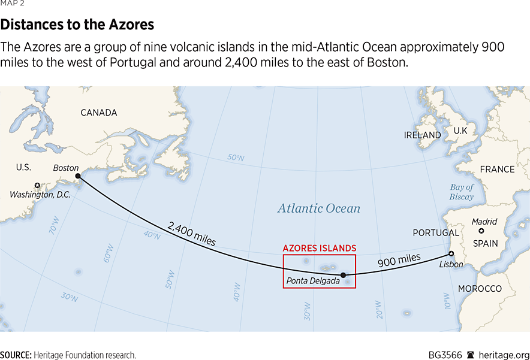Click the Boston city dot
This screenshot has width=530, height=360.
(x=77, y=176)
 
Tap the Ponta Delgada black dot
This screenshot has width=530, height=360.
(x=343, y=276)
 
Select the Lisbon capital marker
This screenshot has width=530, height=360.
(x=451, y=253)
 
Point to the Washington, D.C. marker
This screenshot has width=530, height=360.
(x=37, y=185)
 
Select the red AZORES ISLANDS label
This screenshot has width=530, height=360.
(x=320, y=248)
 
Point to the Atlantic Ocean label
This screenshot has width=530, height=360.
(x=318, y=208)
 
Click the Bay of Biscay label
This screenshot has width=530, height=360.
(x=462, y=192)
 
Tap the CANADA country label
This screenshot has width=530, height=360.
(x=99, y=113)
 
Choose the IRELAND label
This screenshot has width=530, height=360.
(x=422, y=135)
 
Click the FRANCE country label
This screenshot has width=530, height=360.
(x=497, y=170)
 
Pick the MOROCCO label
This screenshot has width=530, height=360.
(x=480, y=289)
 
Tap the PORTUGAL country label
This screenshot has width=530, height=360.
(x=436, y=232)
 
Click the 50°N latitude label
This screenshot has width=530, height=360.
(x=236, y=158)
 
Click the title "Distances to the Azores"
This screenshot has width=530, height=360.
(x=77, y=25)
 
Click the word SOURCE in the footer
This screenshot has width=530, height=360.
(x=16, y=355)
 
